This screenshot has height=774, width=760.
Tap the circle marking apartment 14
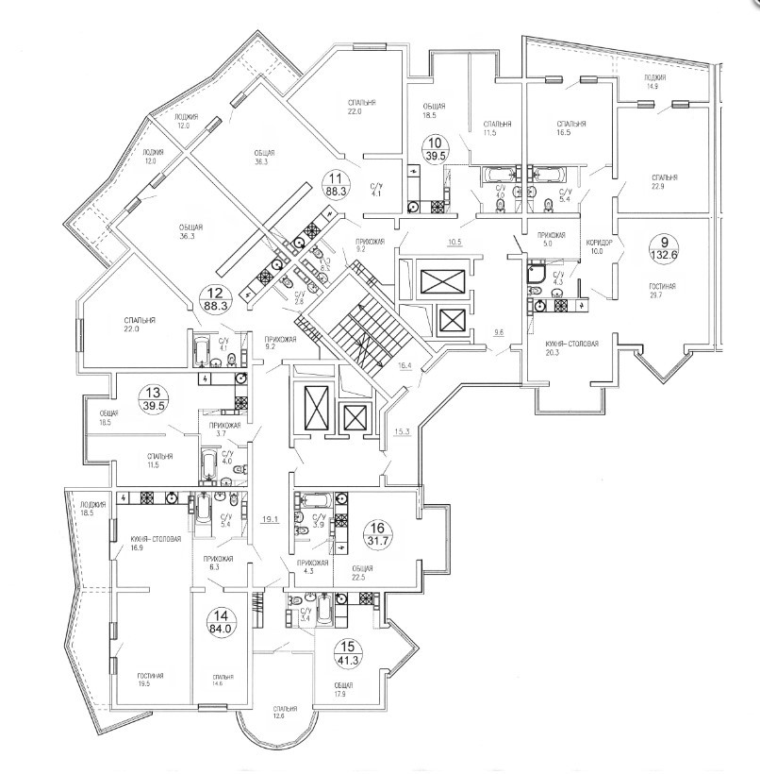tap(223, 624)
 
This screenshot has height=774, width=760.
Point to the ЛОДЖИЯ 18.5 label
tap(92, 509)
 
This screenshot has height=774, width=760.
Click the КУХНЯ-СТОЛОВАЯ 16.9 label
tap(150, 542)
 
